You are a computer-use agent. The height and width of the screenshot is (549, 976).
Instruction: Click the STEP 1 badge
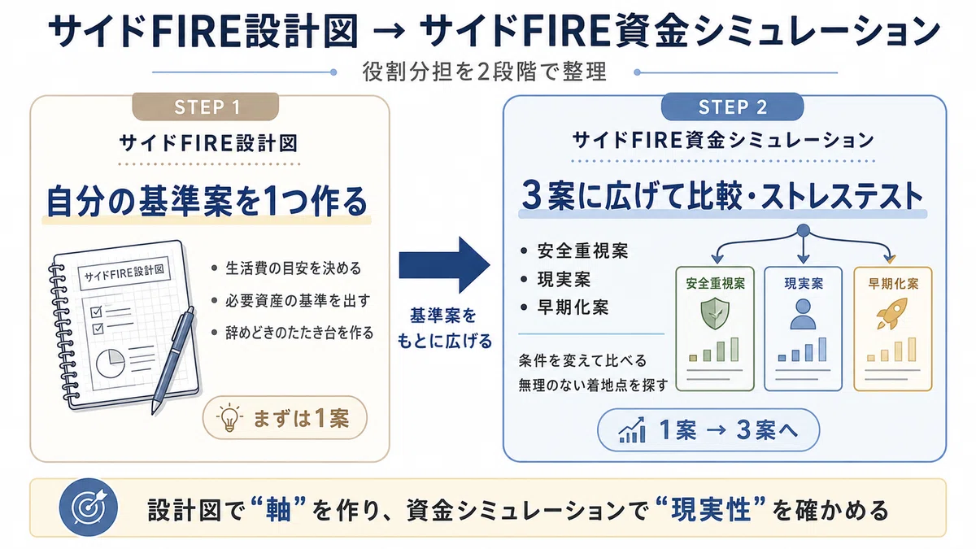point(206,107)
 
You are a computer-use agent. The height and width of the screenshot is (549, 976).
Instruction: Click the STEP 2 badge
point(733,107)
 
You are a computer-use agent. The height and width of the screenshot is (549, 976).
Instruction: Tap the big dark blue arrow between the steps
point(444,265)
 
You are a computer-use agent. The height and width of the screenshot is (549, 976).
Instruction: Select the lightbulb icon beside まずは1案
point(229,417)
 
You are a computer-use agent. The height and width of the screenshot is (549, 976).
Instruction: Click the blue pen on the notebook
point(172,359)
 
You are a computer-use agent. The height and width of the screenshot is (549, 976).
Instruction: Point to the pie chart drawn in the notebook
point(111,364)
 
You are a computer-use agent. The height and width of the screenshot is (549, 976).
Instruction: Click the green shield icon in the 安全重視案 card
point(715,314)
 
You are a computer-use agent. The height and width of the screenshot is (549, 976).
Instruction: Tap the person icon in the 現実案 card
point(803,314)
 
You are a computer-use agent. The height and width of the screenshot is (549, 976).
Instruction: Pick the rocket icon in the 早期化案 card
point(891,313)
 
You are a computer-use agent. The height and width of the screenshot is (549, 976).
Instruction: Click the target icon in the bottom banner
point(89,508)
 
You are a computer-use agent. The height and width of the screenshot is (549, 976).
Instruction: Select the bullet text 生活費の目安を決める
point(294,268)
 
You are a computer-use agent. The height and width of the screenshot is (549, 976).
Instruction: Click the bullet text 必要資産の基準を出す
point(298,300)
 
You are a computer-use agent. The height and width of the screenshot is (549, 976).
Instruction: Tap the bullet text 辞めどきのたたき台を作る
point(300,333)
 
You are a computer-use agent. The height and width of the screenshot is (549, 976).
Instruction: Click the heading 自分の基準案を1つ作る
point(207,202)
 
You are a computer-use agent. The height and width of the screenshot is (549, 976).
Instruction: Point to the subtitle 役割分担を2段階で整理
point(485,72)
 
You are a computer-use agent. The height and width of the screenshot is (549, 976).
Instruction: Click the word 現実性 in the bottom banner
point(711,509)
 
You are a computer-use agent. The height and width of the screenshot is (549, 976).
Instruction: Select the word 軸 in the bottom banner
point(277,509)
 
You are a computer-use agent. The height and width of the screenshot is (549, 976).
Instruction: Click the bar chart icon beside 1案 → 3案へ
point(632,430)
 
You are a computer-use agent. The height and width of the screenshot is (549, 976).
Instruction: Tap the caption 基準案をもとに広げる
point(444,328)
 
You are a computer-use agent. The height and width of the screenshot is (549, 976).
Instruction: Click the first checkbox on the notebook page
point(96,312)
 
